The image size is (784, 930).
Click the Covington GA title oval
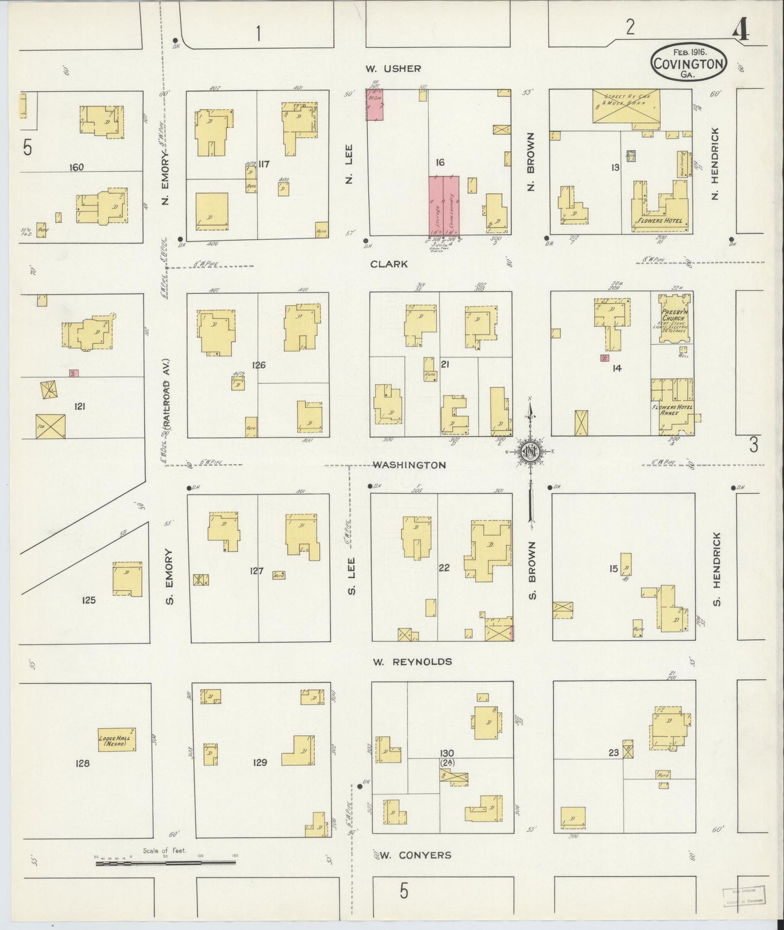(688, 63)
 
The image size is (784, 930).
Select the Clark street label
(388, 264)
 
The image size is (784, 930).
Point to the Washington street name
(410, 465)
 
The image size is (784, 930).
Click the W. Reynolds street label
(412, 661)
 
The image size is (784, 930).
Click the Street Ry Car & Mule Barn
(626, 106)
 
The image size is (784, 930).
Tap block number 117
(264, 164)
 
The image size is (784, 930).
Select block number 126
(259, 365)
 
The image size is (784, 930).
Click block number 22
(444, 568)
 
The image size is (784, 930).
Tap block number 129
(260, 762)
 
